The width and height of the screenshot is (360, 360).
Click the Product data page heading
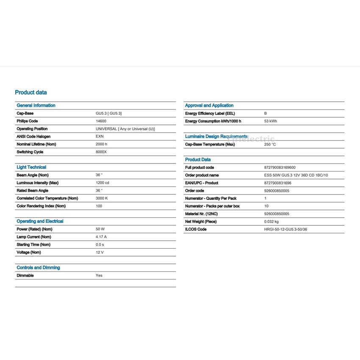point(31,92)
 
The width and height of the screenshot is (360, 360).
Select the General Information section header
point(36,105)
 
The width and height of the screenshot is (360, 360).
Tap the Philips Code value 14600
point(101,121)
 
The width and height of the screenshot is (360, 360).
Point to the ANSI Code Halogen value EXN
point(100,136)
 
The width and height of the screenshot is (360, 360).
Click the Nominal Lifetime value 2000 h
point(102,144)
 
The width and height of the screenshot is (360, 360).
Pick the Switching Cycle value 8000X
point(101,152)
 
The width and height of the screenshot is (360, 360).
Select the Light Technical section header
point(31,167)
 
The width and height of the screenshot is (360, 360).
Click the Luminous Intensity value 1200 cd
point(102,183)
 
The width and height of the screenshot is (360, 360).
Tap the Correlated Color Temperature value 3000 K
point(102,198)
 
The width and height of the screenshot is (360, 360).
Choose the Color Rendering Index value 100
point(99,206)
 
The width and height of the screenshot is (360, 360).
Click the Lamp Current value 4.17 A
point(101,237)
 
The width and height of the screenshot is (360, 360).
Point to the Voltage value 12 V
point(100,252)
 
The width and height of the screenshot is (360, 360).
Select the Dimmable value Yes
point(99,275)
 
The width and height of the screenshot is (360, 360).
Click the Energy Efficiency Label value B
point(266,114)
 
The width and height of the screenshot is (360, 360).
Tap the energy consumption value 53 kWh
point(270,121)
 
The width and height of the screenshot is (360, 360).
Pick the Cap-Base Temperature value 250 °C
point(270,144)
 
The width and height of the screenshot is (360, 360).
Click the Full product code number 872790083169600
point(280,168)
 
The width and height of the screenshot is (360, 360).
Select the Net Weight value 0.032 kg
point(271,222)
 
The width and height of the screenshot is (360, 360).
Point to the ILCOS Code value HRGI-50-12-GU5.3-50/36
point(286,229)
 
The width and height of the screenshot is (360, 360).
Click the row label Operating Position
point(32,129)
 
